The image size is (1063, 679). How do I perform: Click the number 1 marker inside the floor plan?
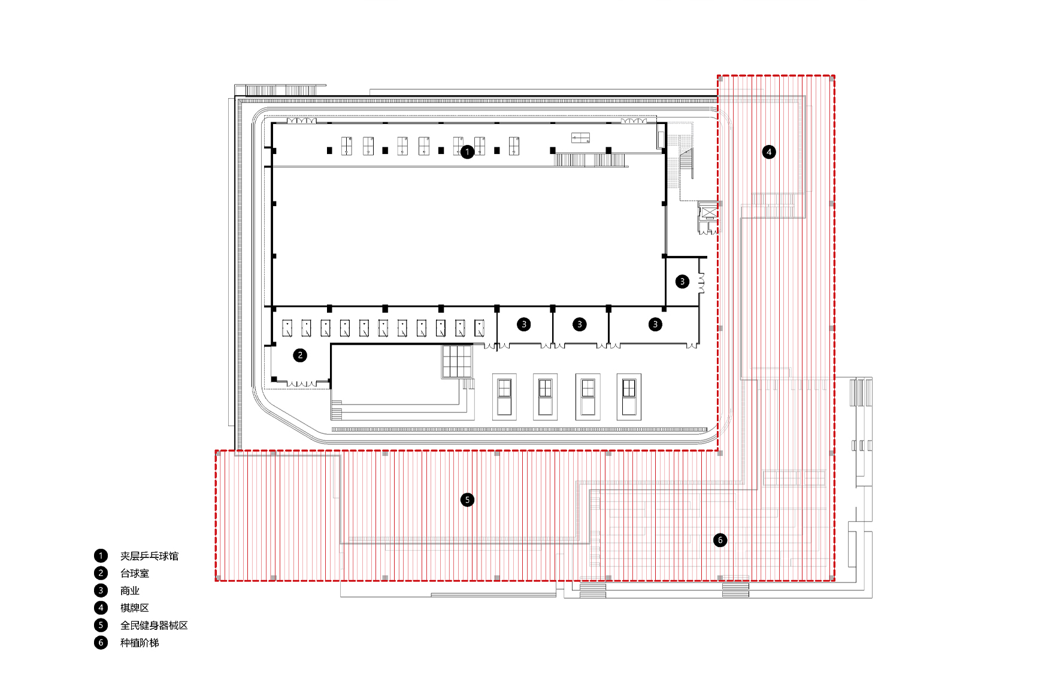tap(468, 152)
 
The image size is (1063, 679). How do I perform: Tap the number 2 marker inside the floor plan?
tap(300, 355)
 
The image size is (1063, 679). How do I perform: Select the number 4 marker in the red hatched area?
tap(769, 152)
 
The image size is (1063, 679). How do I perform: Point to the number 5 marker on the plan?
tap(468, 500)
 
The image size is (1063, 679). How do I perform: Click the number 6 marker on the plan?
tap(720, 540)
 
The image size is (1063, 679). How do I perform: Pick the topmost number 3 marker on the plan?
tap(682, 282)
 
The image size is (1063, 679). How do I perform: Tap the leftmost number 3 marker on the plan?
tap(524, 324)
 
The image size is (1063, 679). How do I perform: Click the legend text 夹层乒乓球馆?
tap(149, 556)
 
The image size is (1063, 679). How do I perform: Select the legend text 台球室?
tap(135, 574)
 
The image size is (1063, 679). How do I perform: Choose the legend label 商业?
tap(130, 591)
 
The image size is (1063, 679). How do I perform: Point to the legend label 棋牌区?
tap(135, 608)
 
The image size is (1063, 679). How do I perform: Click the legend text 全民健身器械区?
tap(154, 625)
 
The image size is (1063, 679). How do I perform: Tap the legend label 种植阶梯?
tap(140, 642)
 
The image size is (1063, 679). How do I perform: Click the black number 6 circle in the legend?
tap(101, 642)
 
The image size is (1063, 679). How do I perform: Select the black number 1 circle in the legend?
tap(101, 556)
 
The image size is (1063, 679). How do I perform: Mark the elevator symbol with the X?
tap(708, 212)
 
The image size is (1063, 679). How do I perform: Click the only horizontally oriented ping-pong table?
tap(580, 138)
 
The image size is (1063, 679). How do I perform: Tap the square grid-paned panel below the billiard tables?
tap(458, 361)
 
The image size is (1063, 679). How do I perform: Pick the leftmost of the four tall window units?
tap(504, 397)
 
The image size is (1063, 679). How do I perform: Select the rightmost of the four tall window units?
tap(629, 397)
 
